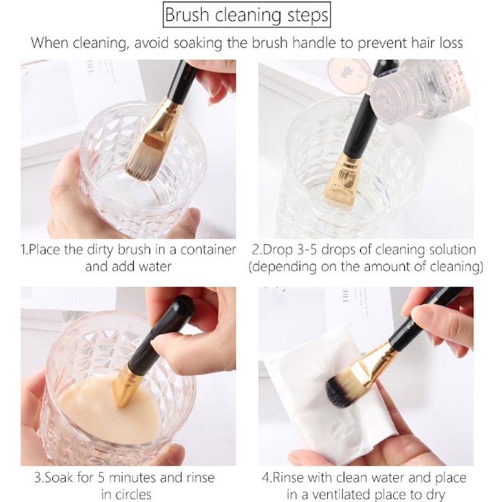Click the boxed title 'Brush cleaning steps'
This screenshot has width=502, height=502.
[x=247, y=14]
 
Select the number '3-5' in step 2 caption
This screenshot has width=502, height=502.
[x=307, y=250]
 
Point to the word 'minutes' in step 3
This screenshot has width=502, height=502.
[x=132, y=478]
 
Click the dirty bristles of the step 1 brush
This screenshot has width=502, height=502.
[x=142, y=163]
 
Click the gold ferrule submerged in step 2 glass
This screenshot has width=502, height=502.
[x=341, y=179]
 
